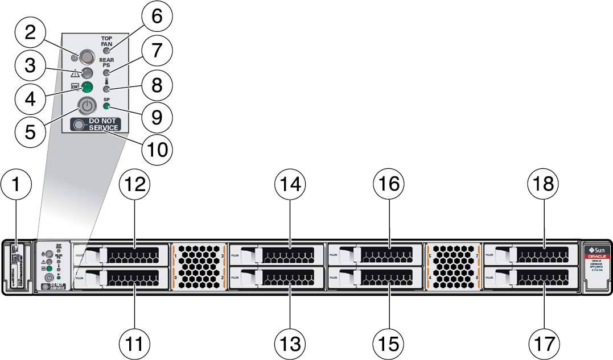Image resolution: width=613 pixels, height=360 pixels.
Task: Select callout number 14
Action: [290, 184]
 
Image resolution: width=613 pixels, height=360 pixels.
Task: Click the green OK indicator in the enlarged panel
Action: [87, 87]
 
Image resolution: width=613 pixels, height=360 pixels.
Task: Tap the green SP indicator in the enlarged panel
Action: [107, 107]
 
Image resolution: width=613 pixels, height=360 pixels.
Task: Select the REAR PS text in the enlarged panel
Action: [107, 63]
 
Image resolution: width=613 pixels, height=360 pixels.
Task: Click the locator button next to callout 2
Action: [87, 56]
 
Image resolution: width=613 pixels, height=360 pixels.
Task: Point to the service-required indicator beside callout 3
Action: [87, 72]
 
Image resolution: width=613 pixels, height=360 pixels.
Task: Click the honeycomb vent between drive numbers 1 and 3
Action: [199, 266]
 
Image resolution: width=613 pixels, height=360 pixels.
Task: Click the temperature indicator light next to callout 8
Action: [106, 89]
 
